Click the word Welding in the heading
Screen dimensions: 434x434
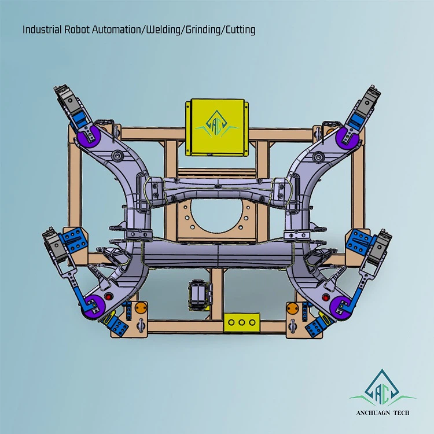[163, 30]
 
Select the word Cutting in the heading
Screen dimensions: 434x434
[240, 30]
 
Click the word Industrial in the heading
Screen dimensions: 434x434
[42, 30]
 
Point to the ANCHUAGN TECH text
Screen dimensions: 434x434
[383, 413]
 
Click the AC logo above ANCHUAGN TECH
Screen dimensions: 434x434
[382, 388]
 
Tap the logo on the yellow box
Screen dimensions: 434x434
[217, 124]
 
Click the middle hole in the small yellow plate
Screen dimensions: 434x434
[242, 322]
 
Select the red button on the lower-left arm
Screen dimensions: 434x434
[109, 297]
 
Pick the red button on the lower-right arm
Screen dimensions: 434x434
[326, 297]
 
